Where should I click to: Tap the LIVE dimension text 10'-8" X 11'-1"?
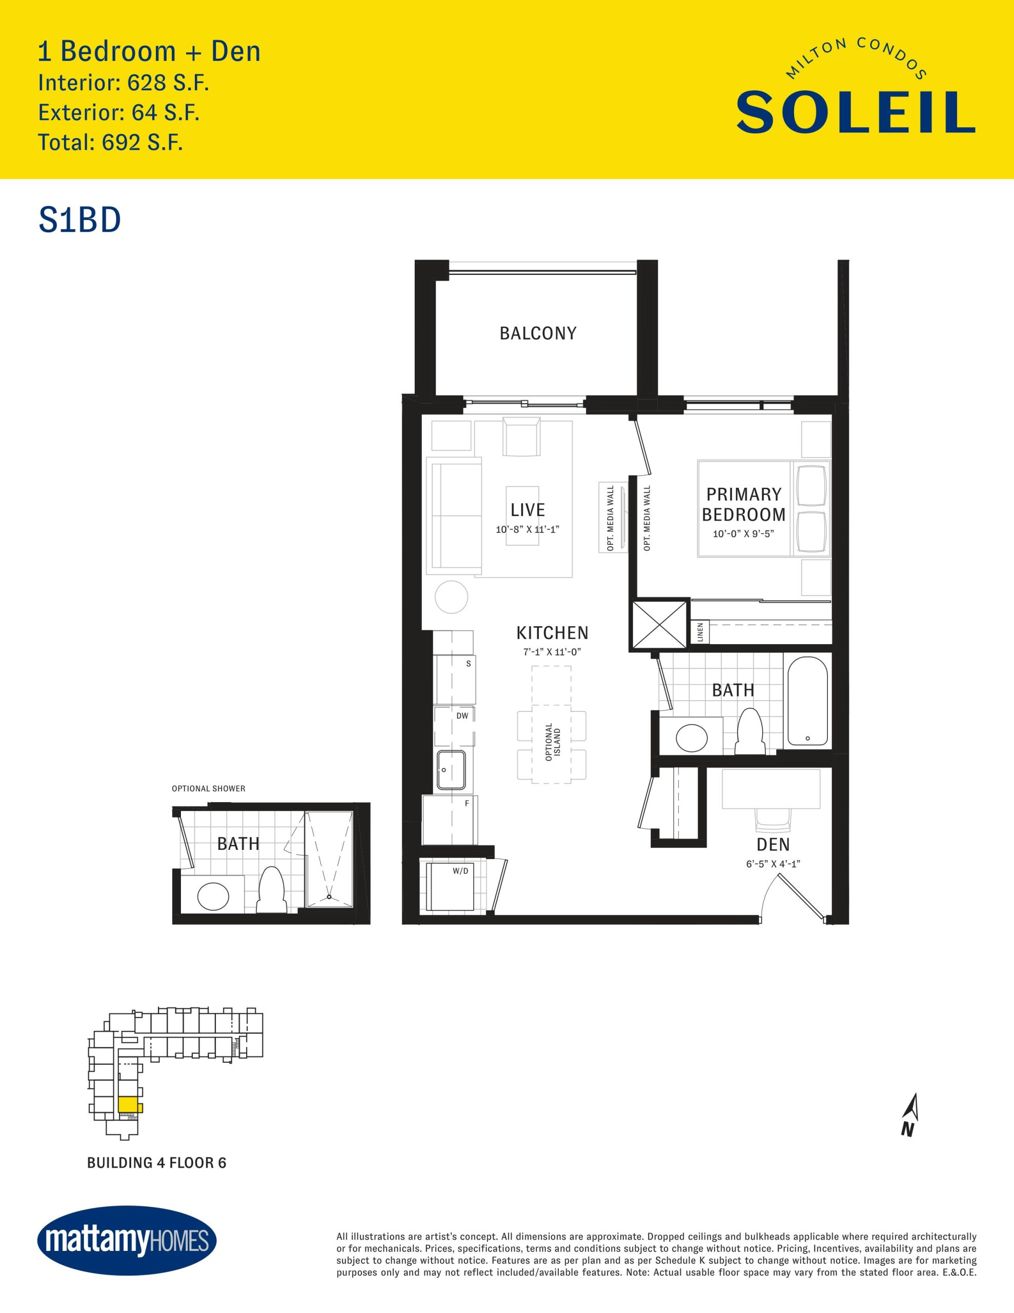[x=528, y=530]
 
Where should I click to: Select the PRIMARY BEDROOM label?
[x=744, y=504]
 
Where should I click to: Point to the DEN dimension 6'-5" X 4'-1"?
[x=773, y=864]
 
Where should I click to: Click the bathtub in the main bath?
[x=808, y=701]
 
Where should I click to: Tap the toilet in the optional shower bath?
[x=271, y=890]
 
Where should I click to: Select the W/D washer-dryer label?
[x=460, y=870]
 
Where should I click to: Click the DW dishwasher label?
[x=462, y=716]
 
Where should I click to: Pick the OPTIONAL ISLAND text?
[x=553, y=742]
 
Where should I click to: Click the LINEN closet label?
[x=700, y=632]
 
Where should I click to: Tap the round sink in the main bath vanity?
[x=692, y=738]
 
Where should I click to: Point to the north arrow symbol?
[x=910, y=1115]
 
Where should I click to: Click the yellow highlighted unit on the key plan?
[x=130, y=1104]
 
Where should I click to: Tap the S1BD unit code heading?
[x=80, y=220]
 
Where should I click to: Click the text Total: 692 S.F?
[x=111, y=143]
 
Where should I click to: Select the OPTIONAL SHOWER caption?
[x=209, y=789]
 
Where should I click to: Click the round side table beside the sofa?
[x=452, y=598]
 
